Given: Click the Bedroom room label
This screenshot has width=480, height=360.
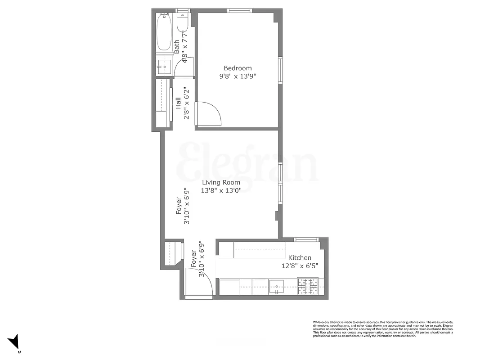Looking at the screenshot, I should point(238,68).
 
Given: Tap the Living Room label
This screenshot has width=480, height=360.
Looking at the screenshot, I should point(221,182).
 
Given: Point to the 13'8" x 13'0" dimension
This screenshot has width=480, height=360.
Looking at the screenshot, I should point(222,190).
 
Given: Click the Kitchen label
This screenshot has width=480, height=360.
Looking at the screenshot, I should point(300,258).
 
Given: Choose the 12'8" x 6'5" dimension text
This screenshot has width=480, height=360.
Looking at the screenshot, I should point(300,265).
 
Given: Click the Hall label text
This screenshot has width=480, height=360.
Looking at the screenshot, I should point(178,103).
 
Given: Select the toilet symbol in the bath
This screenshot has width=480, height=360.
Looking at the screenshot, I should point(182,22).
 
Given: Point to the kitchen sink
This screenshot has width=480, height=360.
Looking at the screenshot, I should point(276,286).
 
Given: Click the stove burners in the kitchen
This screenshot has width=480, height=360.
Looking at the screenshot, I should point(308,286).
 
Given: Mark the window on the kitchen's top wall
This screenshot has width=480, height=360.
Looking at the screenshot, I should point(306,239).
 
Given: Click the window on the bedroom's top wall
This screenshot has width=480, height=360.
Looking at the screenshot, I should point(239,10).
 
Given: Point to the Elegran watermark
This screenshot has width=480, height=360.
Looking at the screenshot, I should point(249,162).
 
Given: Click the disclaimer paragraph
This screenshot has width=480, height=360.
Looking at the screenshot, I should point(383,329).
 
